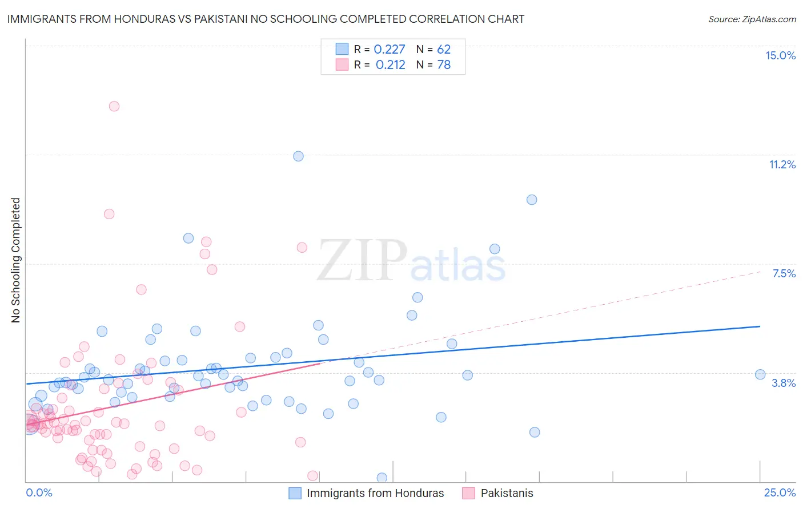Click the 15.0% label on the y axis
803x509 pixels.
[x=780, y=55]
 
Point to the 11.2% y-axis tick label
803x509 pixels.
[x=782, y=164]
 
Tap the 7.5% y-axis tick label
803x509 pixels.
[x=784, y=273]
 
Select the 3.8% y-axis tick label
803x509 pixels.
[x=784, y=383]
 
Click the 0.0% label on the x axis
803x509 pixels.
[x=39, y=492]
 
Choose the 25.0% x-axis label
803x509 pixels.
[x=780, y=492]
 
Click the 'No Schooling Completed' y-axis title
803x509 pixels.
[x=16, y=260]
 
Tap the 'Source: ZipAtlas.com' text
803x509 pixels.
[x=752, y=19]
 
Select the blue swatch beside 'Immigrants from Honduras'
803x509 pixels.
[x=295, y=493]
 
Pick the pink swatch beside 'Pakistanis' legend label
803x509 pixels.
[x=469, y=493]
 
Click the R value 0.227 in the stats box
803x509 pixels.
[x=390, y=50]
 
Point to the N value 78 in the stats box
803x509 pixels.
[x=444, y=64]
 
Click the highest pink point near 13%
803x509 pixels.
[x=114, y=106]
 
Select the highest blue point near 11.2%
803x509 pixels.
[x=298, y=156]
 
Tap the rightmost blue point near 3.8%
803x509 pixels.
[x=760, y=374]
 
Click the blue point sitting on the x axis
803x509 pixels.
[x=382, y=478]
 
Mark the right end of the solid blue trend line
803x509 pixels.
[x=760, y=326]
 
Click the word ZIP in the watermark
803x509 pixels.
[x=362, y=261]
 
